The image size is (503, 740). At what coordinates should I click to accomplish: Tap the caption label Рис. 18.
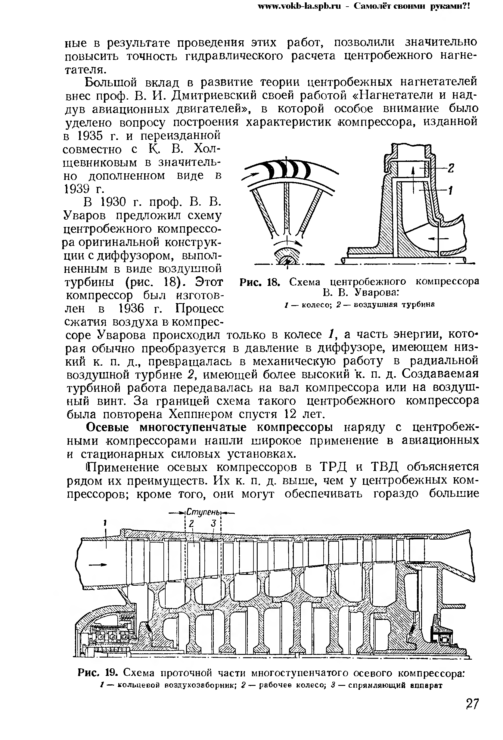point(259,282)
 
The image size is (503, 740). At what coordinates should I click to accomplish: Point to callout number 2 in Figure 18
point(450,168)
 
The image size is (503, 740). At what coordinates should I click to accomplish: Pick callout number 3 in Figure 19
point(213,523)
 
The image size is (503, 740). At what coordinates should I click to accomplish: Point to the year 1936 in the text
point(132,309)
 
